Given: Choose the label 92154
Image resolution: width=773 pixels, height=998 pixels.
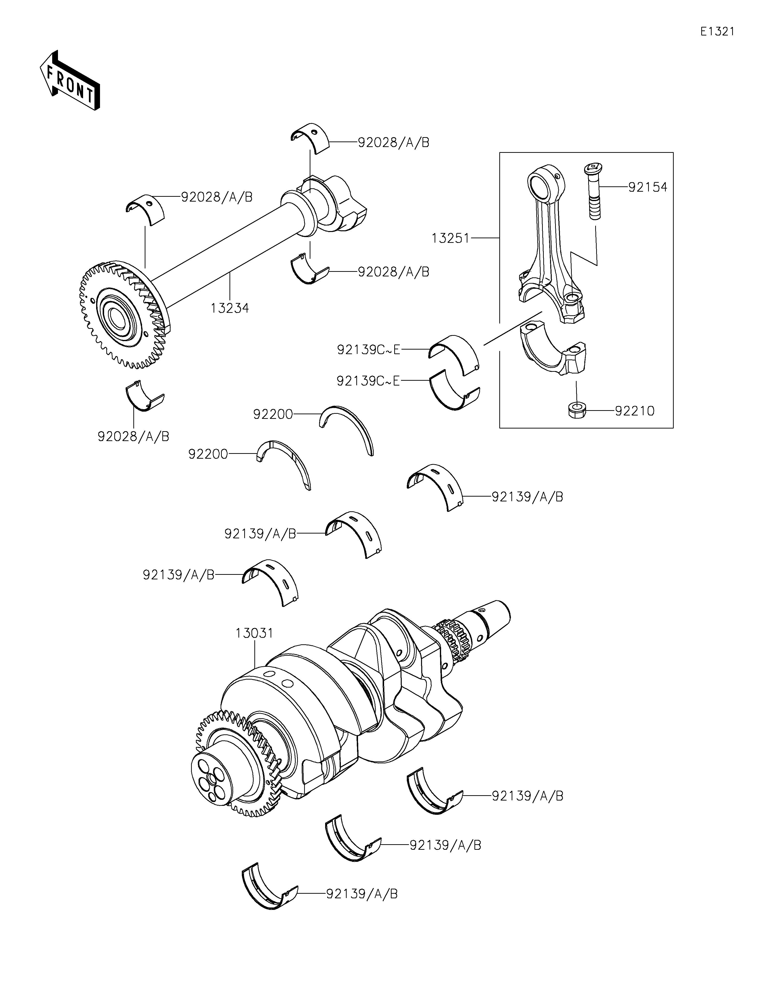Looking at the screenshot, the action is [x=648, y=187].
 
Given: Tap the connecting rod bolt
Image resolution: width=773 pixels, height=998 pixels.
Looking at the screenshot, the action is [x=593, y=191].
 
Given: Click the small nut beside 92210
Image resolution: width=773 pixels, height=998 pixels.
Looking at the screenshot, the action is [x=577, y=409].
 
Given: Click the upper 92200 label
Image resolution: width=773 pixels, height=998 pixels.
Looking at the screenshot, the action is [x=273, y=414].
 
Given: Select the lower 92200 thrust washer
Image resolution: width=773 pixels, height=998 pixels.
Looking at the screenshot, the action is [x=283, y=465].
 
